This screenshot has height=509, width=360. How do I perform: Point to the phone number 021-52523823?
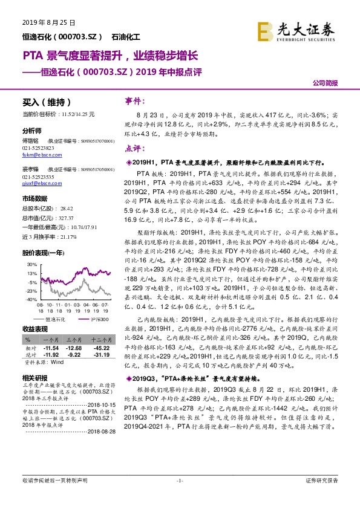pos(38,148)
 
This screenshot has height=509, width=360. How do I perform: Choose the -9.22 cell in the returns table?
pos(73,355)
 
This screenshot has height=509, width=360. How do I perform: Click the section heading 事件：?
pos(134,101)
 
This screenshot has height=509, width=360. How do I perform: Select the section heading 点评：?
pos(134,148)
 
